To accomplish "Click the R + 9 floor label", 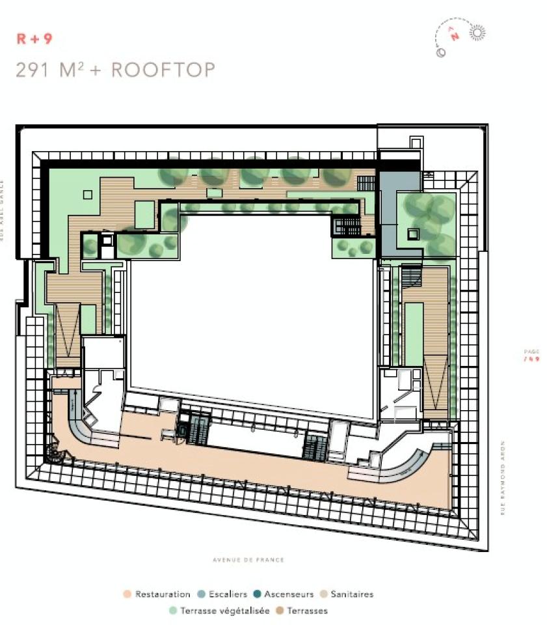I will [34, 38].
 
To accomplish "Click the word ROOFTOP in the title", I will [163, 70].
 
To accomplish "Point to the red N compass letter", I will [455, 36].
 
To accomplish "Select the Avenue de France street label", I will [248, 560].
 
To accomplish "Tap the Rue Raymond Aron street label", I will [503, 479].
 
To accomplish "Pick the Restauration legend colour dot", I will [127, 594].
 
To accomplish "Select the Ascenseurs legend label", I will [289, 594].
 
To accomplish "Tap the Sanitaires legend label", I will [352, 594].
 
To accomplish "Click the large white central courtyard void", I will [254, 312].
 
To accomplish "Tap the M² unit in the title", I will [73, 69].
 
